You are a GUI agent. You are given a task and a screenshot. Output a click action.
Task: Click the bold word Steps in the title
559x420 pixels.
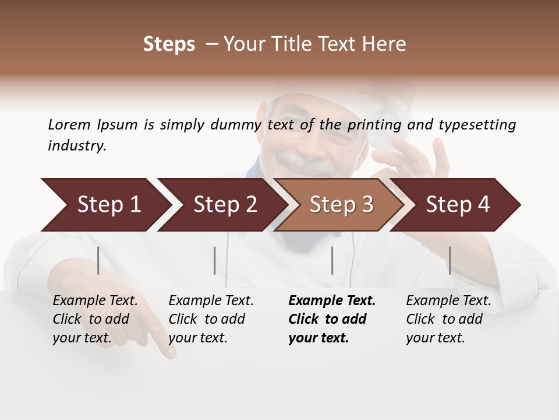point(169,44)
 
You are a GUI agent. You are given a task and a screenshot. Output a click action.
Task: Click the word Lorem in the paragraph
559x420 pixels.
point(69,124)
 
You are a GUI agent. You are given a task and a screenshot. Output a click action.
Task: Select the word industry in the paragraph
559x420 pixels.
point(76,146)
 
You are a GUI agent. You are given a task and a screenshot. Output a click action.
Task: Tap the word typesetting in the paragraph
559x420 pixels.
point(477,124)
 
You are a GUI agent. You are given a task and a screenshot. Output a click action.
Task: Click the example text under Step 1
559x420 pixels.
point(95,319)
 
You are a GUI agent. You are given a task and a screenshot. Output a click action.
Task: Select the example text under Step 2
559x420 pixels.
point(211,319)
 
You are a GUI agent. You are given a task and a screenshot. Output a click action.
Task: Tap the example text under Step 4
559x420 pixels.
point(448,319)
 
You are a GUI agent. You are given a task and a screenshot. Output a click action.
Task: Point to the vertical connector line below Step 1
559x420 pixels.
point(98,260)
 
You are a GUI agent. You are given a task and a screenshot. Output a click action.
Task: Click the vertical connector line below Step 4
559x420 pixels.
point(450,260)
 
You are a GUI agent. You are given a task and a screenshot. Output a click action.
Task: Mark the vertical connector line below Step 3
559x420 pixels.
point(332,260)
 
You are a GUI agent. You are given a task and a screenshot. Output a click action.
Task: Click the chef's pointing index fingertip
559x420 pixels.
point(169,352)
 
